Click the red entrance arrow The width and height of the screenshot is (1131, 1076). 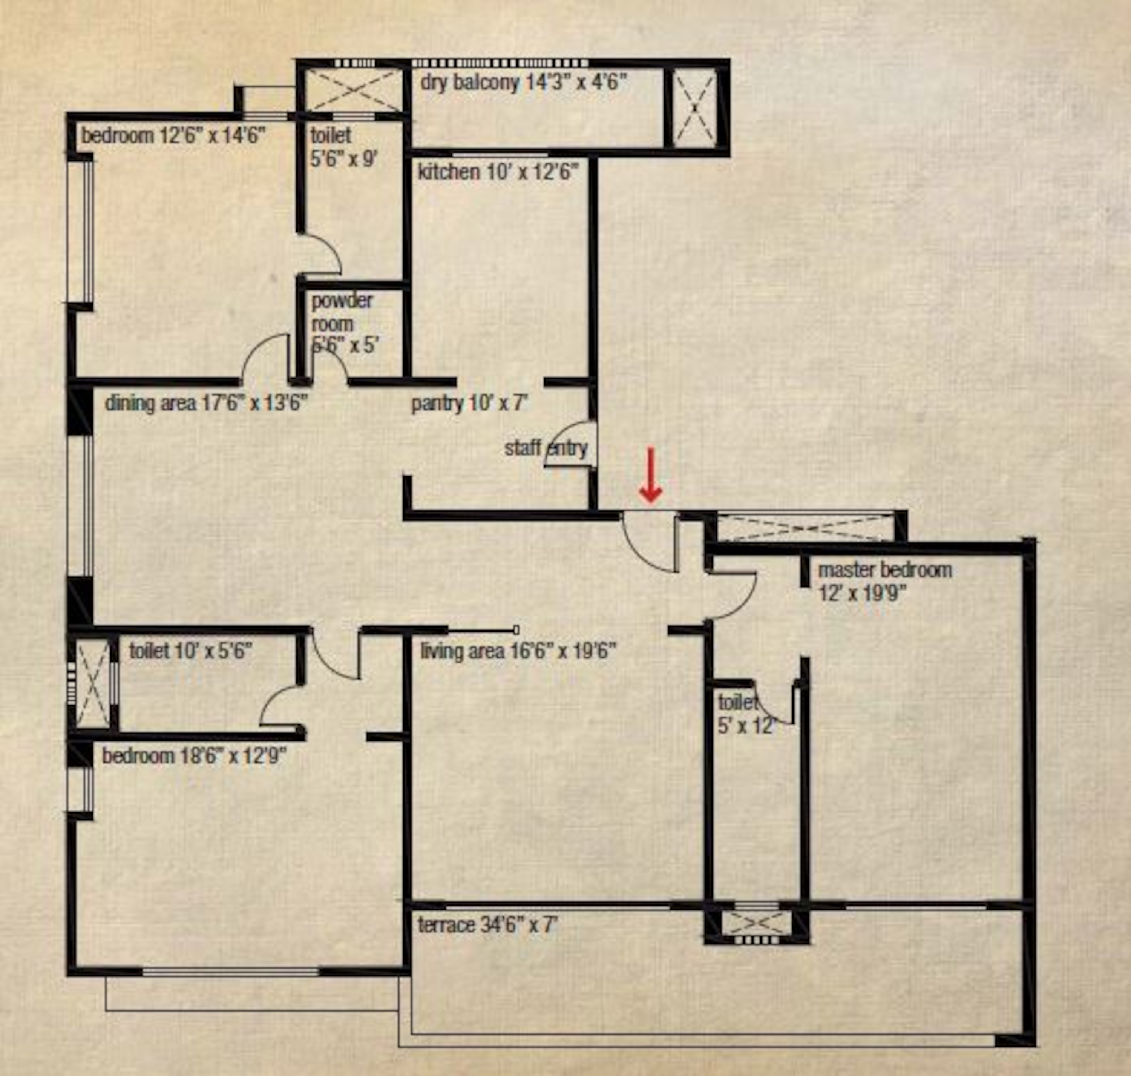point(651,476)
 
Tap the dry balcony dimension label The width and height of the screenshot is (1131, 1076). point(523,83)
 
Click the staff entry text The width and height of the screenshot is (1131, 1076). point(546,448)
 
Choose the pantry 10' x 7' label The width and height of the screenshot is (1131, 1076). point(469,403)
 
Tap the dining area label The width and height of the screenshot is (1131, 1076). point(207,403)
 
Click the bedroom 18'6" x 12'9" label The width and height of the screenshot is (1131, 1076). point(194,755)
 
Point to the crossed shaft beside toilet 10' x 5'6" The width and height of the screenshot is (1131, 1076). point(93,683)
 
